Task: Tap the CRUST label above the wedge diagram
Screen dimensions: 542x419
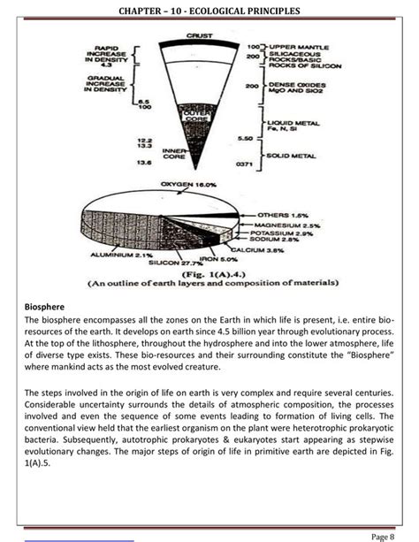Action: coord(198,35)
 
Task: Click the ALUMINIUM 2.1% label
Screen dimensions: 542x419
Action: coord(122,255)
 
